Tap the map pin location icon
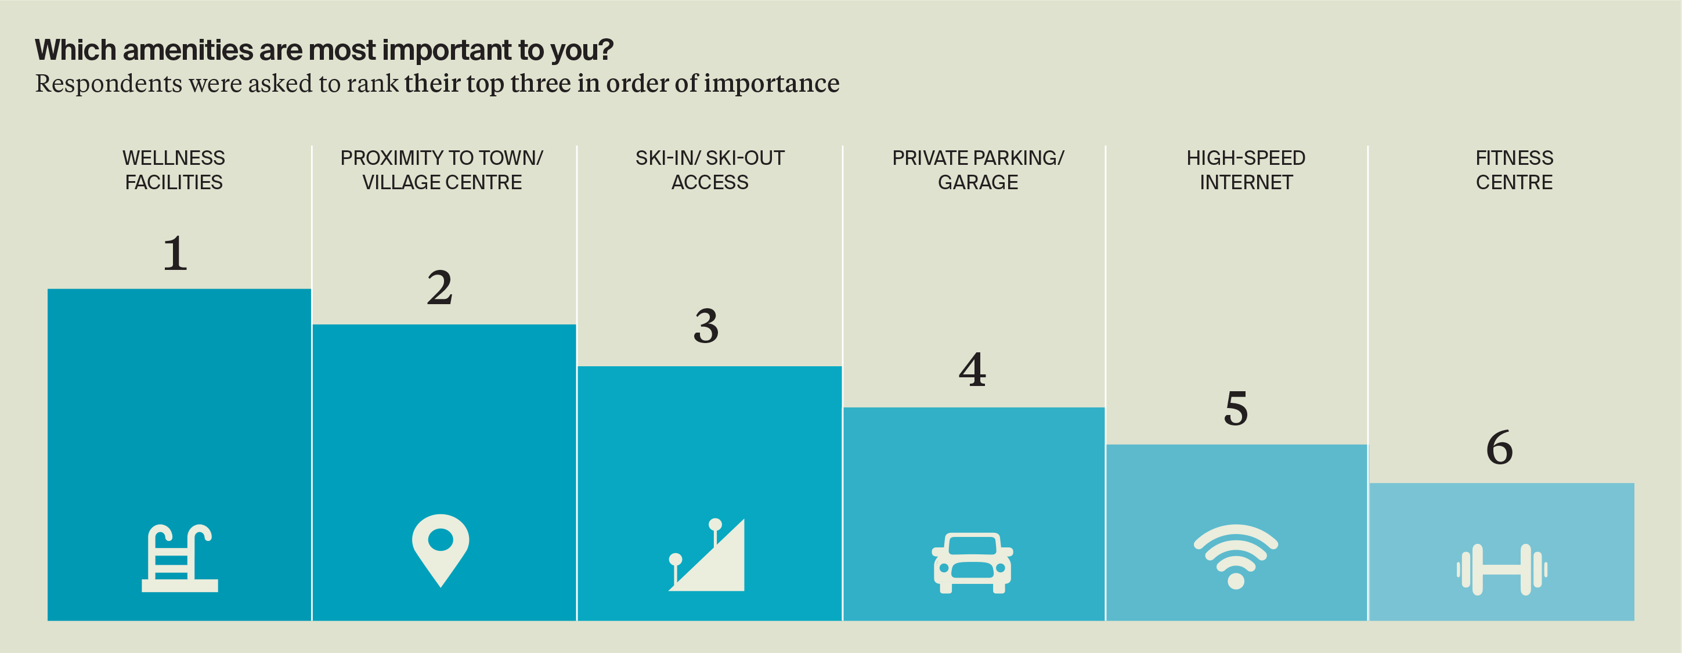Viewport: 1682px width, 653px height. [441, 549]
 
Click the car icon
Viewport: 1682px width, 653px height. [972, 563]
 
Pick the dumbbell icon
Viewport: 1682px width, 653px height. [1501, 569]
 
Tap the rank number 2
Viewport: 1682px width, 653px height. [439, 287]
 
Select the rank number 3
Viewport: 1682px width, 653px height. [706, 326]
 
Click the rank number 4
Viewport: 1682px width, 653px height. [972, 370]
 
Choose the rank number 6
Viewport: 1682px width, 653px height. [1500, 448]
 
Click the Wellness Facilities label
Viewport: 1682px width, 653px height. [174, 169]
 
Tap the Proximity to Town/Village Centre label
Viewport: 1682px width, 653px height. [441, 169]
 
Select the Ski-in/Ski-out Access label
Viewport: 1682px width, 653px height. [710, 169]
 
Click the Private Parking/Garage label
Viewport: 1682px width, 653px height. [977, 169]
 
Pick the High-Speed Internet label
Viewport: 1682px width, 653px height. [1246, 169]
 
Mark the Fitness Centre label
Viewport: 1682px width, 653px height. [1514, 169]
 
